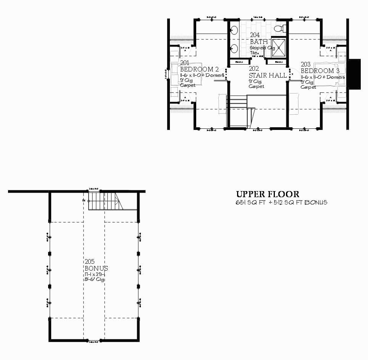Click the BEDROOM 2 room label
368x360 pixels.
199,69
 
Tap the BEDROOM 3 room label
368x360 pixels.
320,71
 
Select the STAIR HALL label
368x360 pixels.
268,75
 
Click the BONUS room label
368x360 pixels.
97,268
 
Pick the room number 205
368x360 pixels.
90,262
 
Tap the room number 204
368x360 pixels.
255,35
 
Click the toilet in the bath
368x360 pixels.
280,28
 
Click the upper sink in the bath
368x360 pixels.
234,30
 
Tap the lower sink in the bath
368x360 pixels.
234,49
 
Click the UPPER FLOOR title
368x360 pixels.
267,195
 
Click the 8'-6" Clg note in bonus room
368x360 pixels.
95,279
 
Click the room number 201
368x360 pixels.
184,63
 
